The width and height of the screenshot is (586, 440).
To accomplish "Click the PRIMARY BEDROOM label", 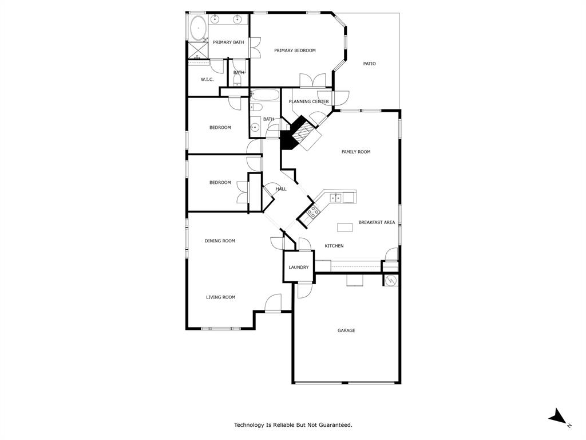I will [x=295, y=50].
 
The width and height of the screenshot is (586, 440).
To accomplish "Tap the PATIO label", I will [x=370, y=64].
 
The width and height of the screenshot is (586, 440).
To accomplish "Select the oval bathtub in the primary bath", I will [x=198, y=27].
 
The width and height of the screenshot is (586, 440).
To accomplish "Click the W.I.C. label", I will [x=207, y=79].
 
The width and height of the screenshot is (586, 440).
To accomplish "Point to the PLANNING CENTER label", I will [x=308, y=101].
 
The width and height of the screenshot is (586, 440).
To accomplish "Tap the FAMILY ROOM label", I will [x=356, y=152].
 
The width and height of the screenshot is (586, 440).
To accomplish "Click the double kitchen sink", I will [x=337, y=198].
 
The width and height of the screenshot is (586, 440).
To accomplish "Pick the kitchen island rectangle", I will [x=345, y=227].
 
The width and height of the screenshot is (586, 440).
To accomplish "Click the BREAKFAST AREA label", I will [x=377, y=222].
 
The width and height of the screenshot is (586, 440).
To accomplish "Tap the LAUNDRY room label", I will [x=299, y=267].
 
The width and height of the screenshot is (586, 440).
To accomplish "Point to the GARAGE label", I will [x=346, y=330].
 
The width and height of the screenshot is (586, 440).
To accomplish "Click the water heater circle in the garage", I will [x=391, y=281].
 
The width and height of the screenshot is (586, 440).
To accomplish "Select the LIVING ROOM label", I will [x=221, y=297].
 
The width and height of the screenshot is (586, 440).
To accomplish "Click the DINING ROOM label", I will [x=220, y=241].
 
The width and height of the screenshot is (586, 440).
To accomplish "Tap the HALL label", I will [x=281, y=188].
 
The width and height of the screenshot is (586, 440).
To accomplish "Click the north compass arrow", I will [x=557, y=417].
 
